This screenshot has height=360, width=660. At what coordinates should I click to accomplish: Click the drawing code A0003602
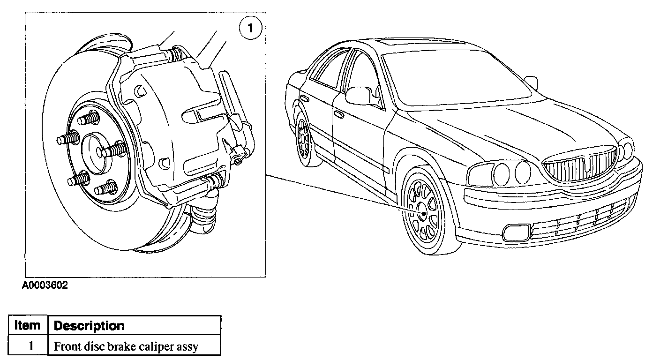(45, 285)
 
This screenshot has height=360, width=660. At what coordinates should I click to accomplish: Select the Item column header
(28, 325)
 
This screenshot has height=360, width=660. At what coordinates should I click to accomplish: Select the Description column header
(89, 325)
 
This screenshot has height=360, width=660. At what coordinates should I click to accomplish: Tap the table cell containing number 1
(29, 346)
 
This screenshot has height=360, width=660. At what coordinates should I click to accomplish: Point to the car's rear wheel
(304, 138)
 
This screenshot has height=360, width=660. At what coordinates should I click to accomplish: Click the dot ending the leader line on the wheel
(424, 214)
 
